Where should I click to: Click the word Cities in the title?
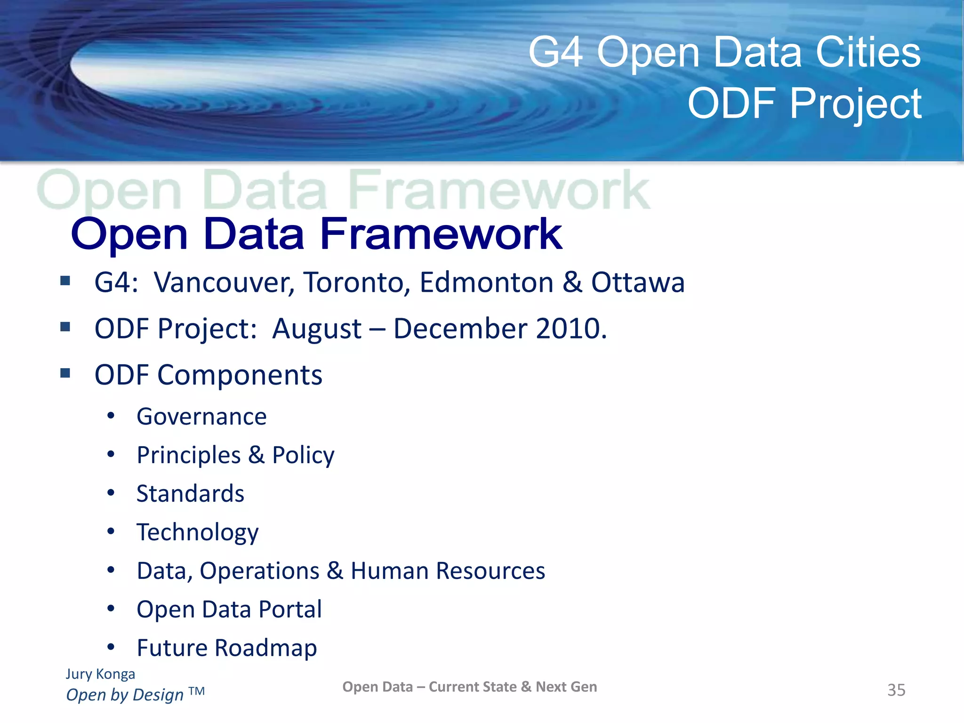tap(868, 53)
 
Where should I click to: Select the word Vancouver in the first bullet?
tap(224, 283)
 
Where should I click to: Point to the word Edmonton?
tap(486, 283)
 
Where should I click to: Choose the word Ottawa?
tap(638, 283)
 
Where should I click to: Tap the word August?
tap(317, 329)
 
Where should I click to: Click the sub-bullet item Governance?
tap(201, 417)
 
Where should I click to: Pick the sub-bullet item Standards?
tap(190, 494)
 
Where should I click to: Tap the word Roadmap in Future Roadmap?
tap(265, 649)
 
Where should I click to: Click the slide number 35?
tap(896, 690)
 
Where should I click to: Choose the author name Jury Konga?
tap(100, 674)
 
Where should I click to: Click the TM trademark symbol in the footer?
tap(197, 691)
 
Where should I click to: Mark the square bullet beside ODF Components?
tap(65, 374)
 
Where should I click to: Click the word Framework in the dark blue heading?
tap(441, 234)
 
